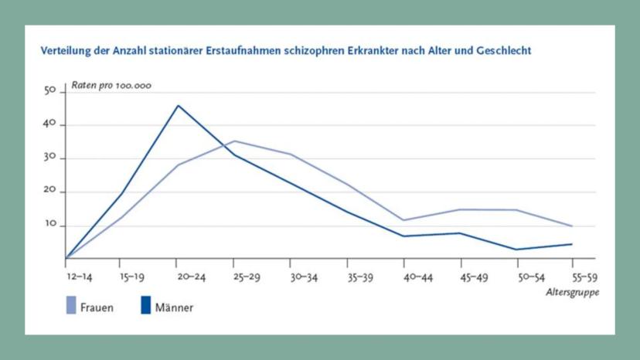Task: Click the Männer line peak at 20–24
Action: (x=177, y=105)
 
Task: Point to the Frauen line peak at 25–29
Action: (x=233, y=141)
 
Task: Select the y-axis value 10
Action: (x=51, y=226)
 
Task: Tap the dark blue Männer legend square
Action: (x=145, y=306)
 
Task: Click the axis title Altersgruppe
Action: (x=572, y=293)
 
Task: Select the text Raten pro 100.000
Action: (x=111, y=85)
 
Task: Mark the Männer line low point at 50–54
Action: (x=517, y=250)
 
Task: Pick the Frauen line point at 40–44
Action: (x=404, y=220)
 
